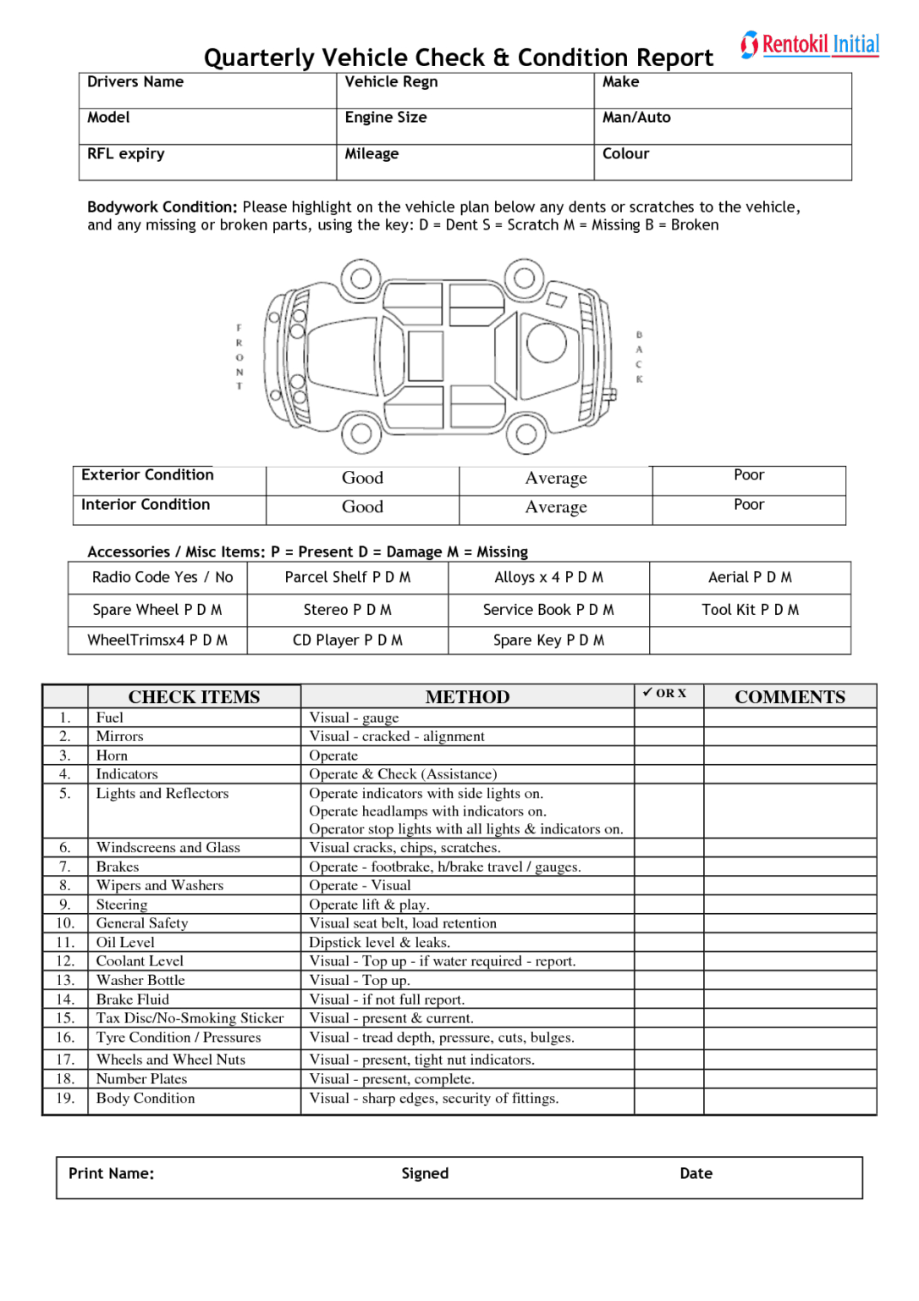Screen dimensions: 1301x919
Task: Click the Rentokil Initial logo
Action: click(810, 44)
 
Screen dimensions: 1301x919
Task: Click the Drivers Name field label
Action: click(135, 82)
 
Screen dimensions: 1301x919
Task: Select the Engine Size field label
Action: click(385, 118)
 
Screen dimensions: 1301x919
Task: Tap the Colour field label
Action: click(625, 154)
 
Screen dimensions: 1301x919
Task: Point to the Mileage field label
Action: click(371, 154)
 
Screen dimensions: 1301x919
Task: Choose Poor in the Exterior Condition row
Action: click(749, 475)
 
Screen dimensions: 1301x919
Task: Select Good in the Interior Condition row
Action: click(362, 507)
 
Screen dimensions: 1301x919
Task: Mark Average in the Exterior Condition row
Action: click(556, 479)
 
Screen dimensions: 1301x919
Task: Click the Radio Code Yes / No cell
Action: click(162, 578)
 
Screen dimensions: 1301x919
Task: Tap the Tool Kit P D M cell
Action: click(750, 610)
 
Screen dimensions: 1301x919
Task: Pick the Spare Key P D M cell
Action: click(548, 640)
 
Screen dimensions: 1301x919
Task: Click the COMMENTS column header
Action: click(790, 697)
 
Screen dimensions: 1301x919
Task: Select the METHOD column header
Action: click(467, 697)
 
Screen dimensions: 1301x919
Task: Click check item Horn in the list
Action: click(112, 756)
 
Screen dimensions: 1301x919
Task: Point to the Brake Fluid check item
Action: click(133, 999)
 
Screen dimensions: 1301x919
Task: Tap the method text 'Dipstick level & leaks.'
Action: click(379, 943)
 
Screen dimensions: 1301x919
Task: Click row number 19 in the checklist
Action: click(65, 1099)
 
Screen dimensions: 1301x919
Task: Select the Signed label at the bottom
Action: click(425, 1174)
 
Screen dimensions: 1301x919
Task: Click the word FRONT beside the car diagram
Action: click(239, 357)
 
